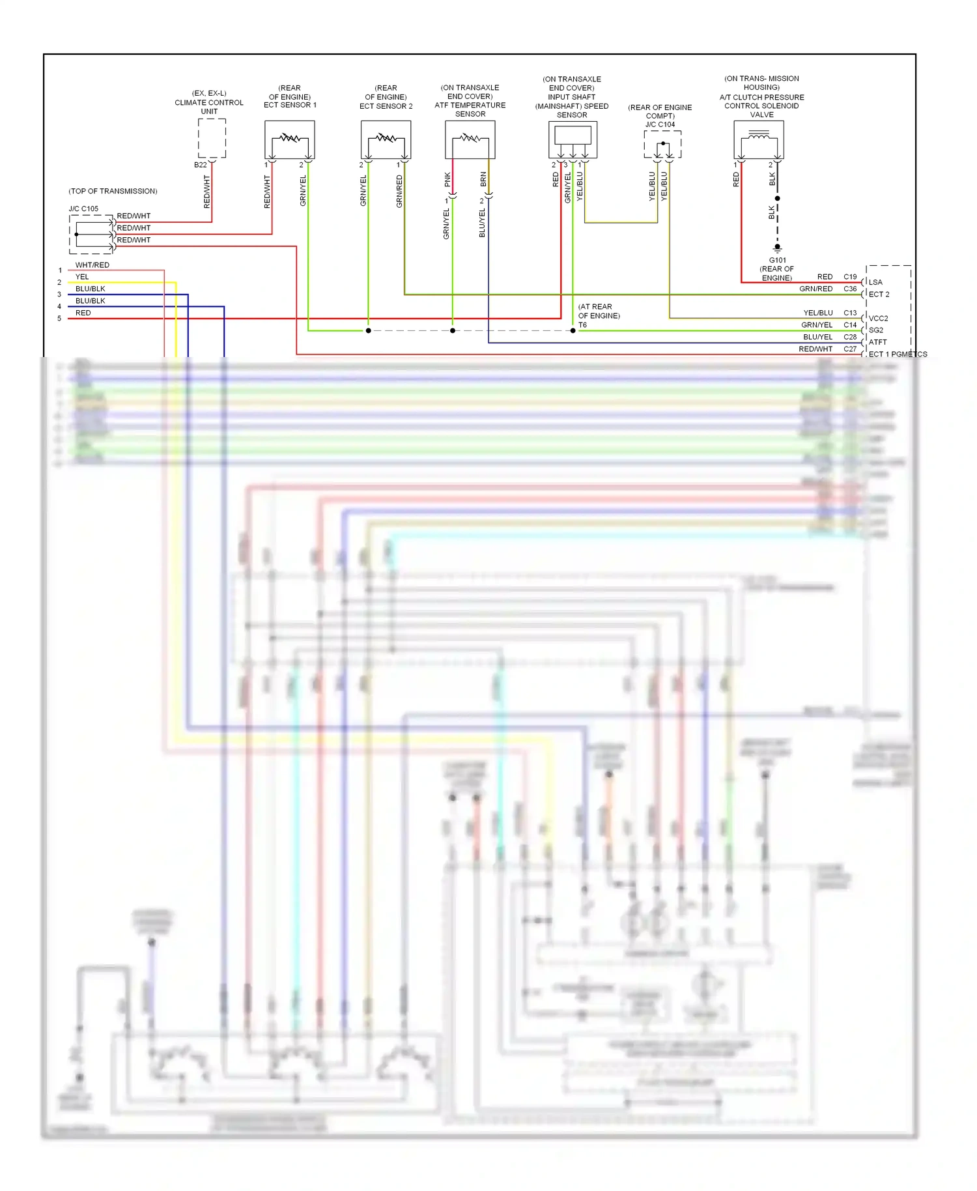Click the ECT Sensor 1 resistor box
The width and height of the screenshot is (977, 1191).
tap(290, 139)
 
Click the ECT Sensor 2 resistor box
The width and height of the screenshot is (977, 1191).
tap(386, 139)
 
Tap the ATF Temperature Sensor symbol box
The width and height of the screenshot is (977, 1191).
tap(470, 139)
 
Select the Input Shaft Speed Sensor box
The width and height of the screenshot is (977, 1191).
tap(573, 139)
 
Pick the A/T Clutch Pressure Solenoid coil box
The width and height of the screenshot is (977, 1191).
tap(759, 139)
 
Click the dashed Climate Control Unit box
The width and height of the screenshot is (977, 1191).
tap(212, 138)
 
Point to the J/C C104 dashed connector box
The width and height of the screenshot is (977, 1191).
tap(662, 145)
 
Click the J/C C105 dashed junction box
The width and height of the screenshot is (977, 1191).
tap(91, 234)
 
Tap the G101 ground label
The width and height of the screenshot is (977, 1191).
tap(777, 260)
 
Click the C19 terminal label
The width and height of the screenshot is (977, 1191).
tap(850, 277)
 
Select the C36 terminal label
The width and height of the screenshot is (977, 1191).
tap(850, 289)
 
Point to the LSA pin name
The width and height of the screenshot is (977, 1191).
tap(875, 282)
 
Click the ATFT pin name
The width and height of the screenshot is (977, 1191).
tap(877, 342)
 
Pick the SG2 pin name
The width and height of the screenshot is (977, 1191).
tap(876, 330)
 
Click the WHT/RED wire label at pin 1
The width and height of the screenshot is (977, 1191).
tap(92, 265)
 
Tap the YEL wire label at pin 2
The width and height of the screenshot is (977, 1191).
tap(82, 277)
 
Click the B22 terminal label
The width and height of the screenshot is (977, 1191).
tap(201, 165)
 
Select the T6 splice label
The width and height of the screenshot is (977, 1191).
tap(582, 325)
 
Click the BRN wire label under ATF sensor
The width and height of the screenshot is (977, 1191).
tap(483, 179)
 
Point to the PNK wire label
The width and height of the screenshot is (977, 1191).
tap(447, 179)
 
